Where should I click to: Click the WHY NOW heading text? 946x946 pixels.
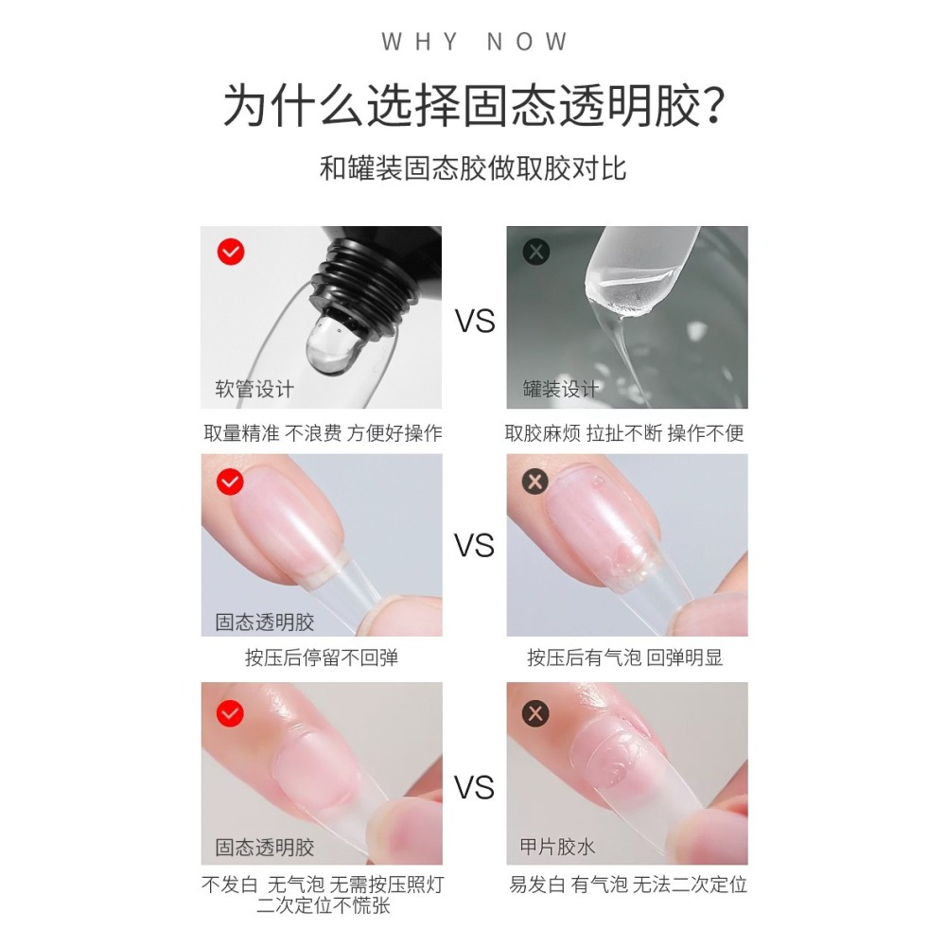pyautogui.click(x=474, y=43)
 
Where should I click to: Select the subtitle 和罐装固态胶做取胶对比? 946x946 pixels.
pyautogui.click(x=473, y=169)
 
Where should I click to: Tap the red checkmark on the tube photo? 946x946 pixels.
pyautogui.click(x=231, y=252)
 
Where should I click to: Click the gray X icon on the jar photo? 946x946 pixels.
pyautogui.click(x=536, y=252)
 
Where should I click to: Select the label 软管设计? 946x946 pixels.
pyautogui.click(x=254, y=389)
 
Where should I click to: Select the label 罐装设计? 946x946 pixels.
pyautogui.click(x=561, y=389)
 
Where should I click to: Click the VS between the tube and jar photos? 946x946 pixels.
pyautogui.click(x=475, y=322)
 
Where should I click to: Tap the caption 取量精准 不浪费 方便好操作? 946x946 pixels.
pyautogui.click(x=323, y=433)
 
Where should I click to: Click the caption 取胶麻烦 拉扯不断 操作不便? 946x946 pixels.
pyautogui.click(x=624, y=433)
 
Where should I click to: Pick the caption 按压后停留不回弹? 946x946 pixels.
pyautogui.click(x=322, y=657)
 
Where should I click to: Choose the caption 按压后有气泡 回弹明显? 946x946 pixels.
pyautogui.click(x=624, y=657)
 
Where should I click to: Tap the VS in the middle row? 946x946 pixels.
pyautogui.click(x=475, y=546)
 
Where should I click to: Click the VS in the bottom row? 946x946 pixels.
pyautogui.click(x=475, y=787)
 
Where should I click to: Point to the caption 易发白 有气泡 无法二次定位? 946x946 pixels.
pyautogui.click(x=627, y=885)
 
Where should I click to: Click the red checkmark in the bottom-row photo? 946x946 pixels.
pyautogui.click(x=231, y=712)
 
